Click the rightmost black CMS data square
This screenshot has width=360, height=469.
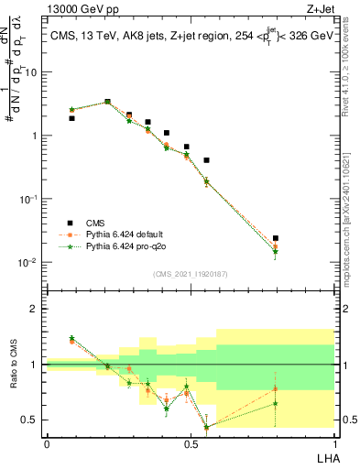point(276,238)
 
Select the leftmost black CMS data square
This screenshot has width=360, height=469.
point(71,118)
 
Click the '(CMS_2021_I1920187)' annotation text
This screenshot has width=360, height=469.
point(191,272)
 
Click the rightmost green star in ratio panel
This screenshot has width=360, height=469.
point(276,403)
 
